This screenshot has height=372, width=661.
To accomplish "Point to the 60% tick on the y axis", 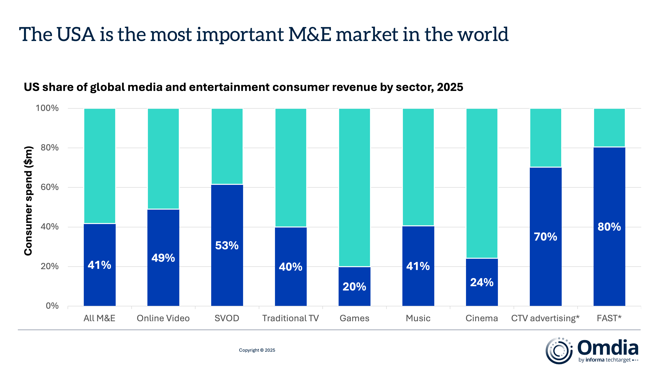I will (50, 187).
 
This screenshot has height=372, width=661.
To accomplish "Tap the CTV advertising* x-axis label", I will (545, 318).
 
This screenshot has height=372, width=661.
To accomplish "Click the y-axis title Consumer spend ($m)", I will (28, 201).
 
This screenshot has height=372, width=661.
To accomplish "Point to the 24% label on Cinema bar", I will (482, 282).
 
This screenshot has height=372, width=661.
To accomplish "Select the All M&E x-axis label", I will (99, 318).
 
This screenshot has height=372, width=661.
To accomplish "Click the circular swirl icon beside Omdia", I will (559, 351).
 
